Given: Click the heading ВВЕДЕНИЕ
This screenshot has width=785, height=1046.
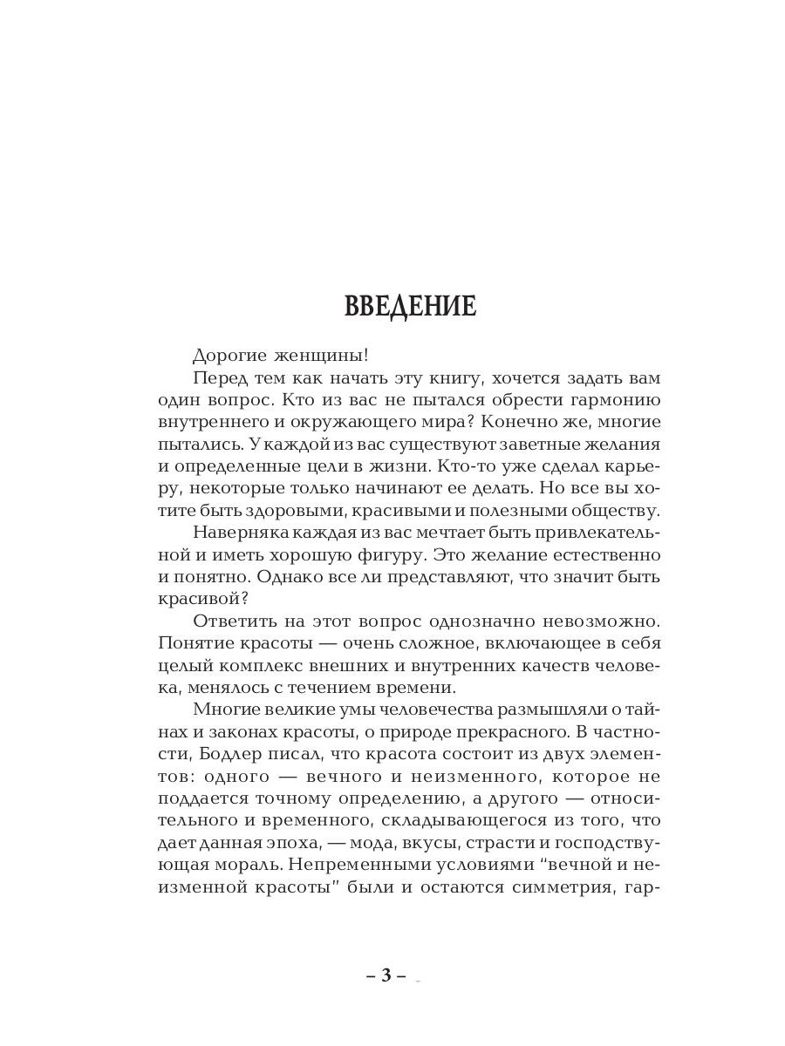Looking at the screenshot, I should tap(410, 307).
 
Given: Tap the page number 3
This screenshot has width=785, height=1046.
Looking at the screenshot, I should tap(385, 975).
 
